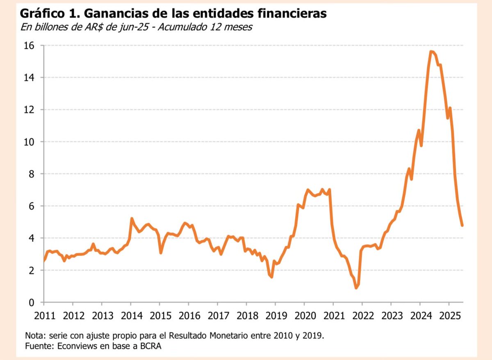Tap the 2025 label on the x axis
click(449, 316)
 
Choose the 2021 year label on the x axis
click(333, 316)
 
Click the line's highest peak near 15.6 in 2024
click(431, 52)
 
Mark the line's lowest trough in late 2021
click(356, 288)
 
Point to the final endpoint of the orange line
click(462, 225)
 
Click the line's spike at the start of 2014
click(131, 219)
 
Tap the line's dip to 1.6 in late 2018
click(271, 277)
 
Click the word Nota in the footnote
click(34, 335)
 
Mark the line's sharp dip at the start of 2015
click(161, 253)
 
